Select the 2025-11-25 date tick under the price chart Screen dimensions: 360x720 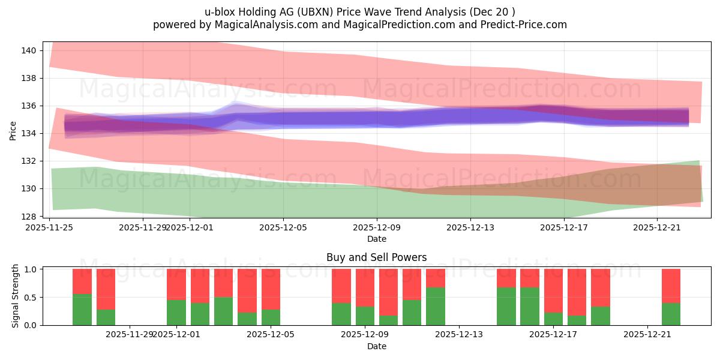click(x=49, y=227)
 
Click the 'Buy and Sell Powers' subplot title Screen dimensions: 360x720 click(x=376, y=257)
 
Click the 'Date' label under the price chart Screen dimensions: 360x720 click(x=376, y=239)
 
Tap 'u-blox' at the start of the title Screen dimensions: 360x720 click(x=219, y=12)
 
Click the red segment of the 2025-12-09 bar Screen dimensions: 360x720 click(x=365, y=287)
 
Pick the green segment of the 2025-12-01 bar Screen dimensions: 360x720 click(x=176, y=313)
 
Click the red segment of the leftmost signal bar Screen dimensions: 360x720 click(x=82, y=281)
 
